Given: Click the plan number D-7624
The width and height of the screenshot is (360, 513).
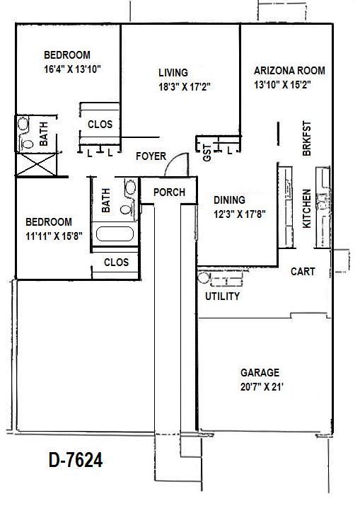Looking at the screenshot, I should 76,461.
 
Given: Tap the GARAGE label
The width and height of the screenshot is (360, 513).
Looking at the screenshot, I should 260,372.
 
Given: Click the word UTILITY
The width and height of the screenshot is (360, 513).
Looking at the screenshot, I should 222,296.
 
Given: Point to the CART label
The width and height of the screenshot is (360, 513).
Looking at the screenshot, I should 303,272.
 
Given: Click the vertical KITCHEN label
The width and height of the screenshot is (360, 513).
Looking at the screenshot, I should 307,208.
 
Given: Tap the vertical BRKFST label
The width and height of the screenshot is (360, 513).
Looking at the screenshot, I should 307,139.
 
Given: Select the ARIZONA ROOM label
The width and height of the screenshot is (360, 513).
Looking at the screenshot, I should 289,71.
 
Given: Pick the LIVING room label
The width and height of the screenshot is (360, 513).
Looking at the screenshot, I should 173,73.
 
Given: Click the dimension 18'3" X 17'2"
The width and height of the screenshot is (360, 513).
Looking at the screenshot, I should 186,86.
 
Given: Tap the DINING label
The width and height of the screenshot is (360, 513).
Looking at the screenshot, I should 230,200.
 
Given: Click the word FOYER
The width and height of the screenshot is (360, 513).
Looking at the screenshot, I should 151,156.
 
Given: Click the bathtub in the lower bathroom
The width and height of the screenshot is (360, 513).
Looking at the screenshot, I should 115,235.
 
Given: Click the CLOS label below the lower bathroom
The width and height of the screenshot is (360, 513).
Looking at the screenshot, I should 116,262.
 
